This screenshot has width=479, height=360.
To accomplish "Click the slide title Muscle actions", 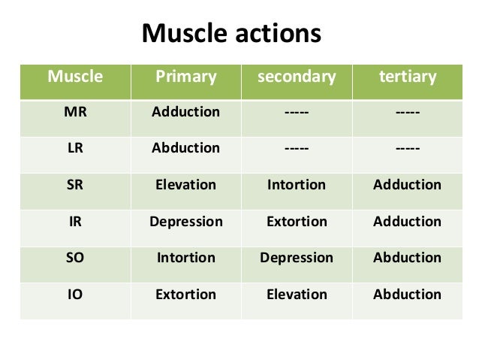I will point(231,34).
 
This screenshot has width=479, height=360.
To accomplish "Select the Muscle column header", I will point(75,77).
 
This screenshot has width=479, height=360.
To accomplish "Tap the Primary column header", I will point(185,77).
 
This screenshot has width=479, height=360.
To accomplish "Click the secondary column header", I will point(296,77).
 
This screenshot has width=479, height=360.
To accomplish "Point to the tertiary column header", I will point(406,77).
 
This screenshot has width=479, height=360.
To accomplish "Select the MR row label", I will point(75,112).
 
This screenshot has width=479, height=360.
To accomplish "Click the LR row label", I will point(75,148).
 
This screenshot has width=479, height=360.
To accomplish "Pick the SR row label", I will point(75,185).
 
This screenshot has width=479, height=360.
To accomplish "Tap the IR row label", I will point(75,221).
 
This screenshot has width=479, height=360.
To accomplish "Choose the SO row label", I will point(75,258).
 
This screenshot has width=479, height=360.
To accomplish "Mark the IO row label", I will point(75,294).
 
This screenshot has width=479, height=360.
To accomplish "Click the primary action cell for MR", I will point(185,112).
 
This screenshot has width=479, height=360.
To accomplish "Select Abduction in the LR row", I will point(185,148).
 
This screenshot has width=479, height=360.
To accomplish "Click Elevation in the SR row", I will point(185,185).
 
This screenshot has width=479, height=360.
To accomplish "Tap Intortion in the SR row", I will point(297,185).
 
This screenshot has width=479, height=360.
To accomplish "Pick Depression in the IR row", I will point(185,222).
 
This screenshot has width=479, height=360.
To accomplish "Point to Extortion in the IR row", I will point(297,222).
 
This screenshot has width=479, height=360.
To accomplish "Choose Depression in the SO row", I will point(297,258).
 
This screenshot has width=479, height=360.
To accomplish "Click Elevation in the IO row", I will point(297,294).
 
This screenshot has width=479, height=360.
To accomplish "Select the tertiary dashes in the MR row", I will point(406,113).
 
